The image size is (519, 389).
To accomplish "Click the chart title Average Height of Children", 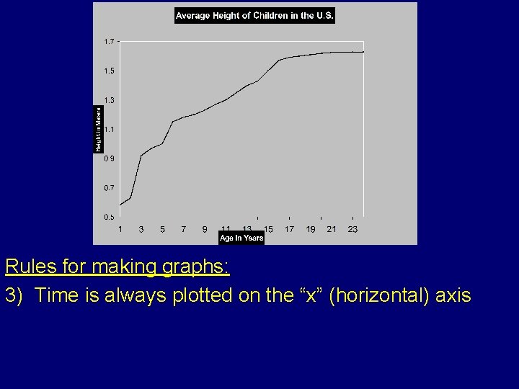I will pyautogui.click(x=254, y=16).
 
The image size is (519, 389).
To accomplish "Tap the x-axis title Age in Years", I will pyautogui.click(x=241, y=238).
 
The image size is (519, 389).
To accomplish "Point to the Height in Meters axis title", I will pyautogui.click(x=99, y=129).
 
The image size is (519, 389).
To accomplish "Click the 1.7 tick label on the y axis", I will pyautogui.click(x=108, y=42).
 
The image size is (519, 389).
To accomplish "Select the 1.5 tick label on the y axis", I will pyautogui.click(x=108, y=71).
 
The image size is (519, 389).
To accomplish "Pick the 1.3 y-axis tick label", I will pyautogui.click(x=108, y=100).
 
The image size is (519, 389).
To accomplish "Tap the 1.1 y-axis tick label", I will pyautogui.click(x=108, y=129).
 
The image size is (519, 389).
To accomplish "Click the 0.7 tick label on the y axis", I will pyautogui.click(x=108, y=187).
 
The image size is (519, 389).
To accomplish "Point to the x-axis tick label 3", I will pyautogui.click(x=141, y=229).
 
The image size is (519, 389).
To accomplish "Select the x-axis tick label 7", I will pyautogui.click(x=183, y=229).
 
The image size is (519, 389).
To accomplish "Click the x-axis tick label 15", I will pyautogui.click(x=268, y=229).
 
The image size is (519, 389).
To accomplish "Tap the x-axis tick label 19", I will pyautogui.click(x=311, y=229).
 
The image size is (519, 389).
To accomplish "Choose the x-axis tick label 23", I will pyautogui.click(x=352, y=229).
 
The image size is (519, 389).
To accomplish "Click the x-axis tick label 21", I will pyautogui.click(x=332, y=229).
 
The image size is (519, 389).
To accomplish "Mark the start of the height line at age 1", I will pyautogui.click(x=120, y=205).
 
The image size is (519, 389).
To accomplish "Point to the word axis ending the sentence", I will pyautogui.click(x=451, y=295).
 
